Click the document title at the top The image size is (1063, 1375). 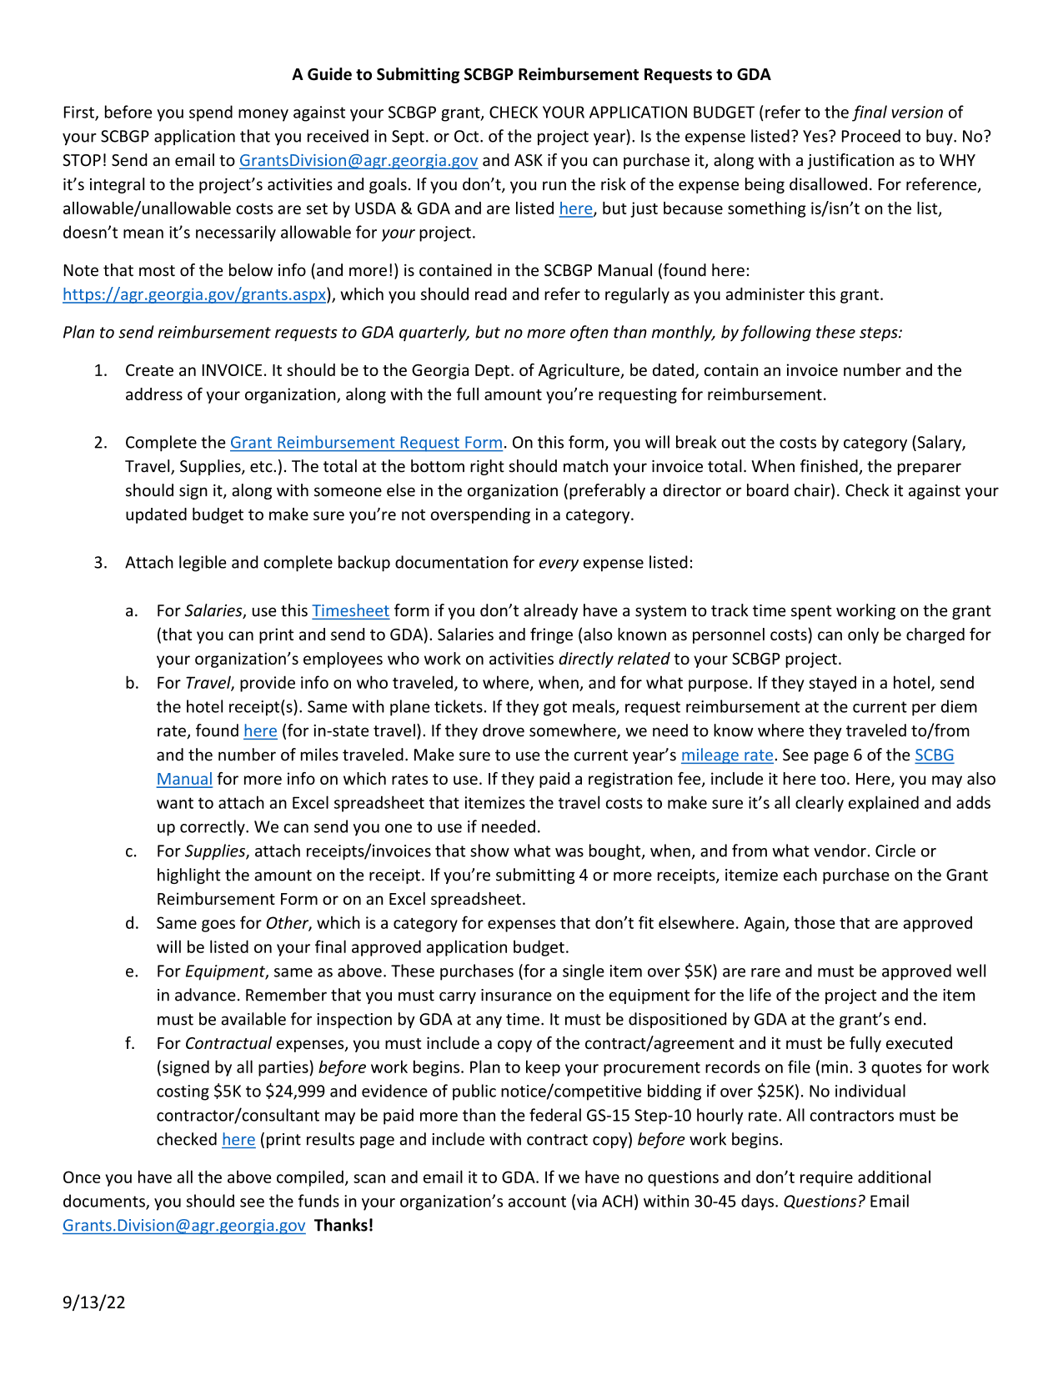tap(531, 74)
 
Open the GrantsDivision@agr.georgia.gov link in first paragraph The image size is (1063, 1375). tap(359, 160)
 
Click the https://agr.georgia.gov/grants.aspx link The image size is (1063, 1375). tap(194, 294)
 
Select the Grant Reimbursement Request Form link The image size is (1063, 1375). tap(366, 442)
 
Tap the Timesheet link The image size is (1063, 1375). tap(350, 610)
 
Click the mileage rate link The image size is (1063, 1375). tap(727, 755)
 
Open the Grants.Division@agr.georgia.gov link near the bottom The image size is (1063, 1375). tap(183, 1225)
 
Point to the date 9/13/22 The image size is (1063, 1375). tap(93, 1302)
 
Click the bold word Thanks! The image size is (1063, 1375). tap(343, 1225)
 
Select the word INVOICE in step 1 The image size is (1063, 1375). tap(232, 370)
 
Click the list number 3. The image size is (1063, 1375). tap(100, 562)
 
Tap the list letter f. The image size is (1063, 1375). tap(131, 1043)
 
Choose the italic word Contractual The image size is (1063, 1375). tap(228, 1043)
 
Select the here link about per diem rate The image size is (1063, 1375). tap(260, 731)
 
